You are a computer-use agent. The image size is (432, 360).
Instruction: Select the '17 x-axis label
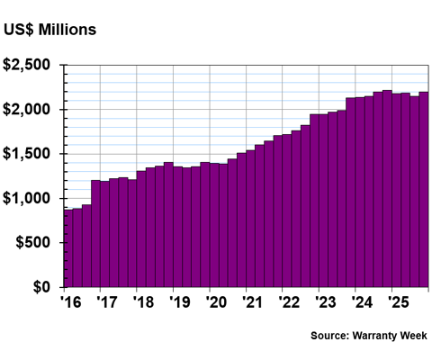105,301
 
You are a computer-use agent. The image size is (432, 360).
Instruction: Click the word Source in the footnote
332,336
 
